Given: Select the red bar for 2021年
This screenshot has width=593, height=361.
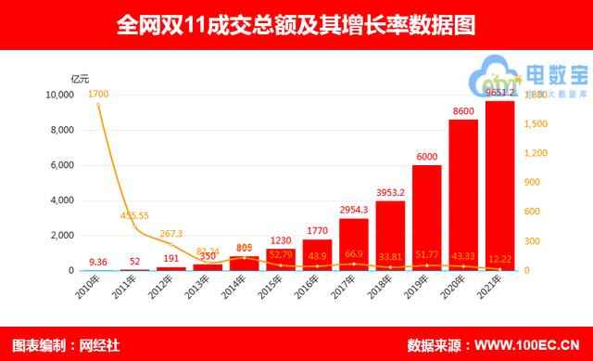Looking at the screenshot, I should [x=499, y=186].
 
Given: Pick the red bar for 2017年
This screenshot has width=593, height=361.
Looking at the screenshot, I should [x=354, y=244].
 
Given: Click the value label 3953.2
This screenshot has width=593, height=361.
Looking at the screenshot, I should [x=390, y=193].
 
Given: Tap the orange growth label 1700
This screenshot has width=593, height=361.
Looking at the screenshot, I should [x=98, y=94].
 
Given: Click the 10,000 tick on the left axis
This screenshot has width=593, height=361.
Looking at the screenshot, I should [x=59, y=95].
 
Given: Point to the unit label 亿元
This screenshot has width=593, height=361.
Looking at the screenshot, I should [x=82, y=77].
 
